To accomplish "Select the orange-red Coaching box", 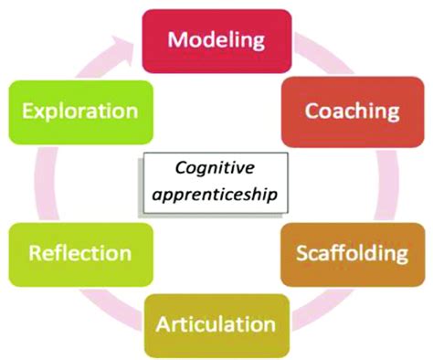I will [351, 111].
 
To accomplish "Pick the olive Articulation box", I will [216, 324].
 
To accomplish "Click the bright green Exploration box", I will [81, 111].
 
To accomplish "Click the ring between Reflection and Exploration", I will [38, 183].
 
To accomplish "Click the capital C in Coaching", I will [311, 111].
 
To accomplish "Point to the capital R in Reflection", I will [35, 251].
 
